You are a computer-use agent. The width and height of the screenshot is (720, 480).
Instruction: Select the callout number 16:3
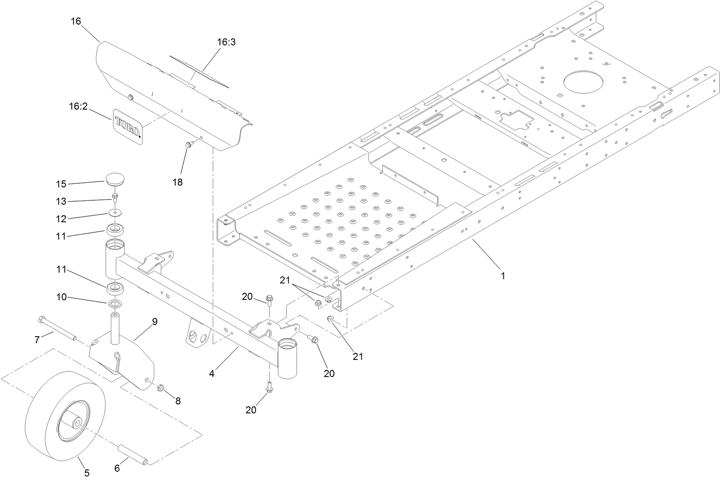[x=226, y=43]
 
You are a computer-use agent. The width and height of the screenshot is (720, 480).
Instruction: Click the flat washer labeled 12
[x=116, y=213]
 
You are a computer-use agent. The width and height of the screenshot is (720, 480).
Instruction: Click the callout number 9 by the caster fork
[x=154, y=321]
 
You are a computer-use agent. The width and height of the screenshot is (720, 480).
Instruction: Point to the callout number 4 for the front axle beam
[x=212, y=374]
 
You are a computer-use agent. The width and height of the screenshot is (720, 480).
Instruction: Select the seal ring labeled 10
[x=115, y=303]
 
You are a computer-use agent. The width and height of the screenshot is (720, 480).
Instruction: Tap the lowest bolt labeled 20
[x=269, y=388]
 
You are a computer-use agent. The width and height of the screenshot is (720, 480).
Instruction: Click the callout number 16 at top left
[x=76, y=21]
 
